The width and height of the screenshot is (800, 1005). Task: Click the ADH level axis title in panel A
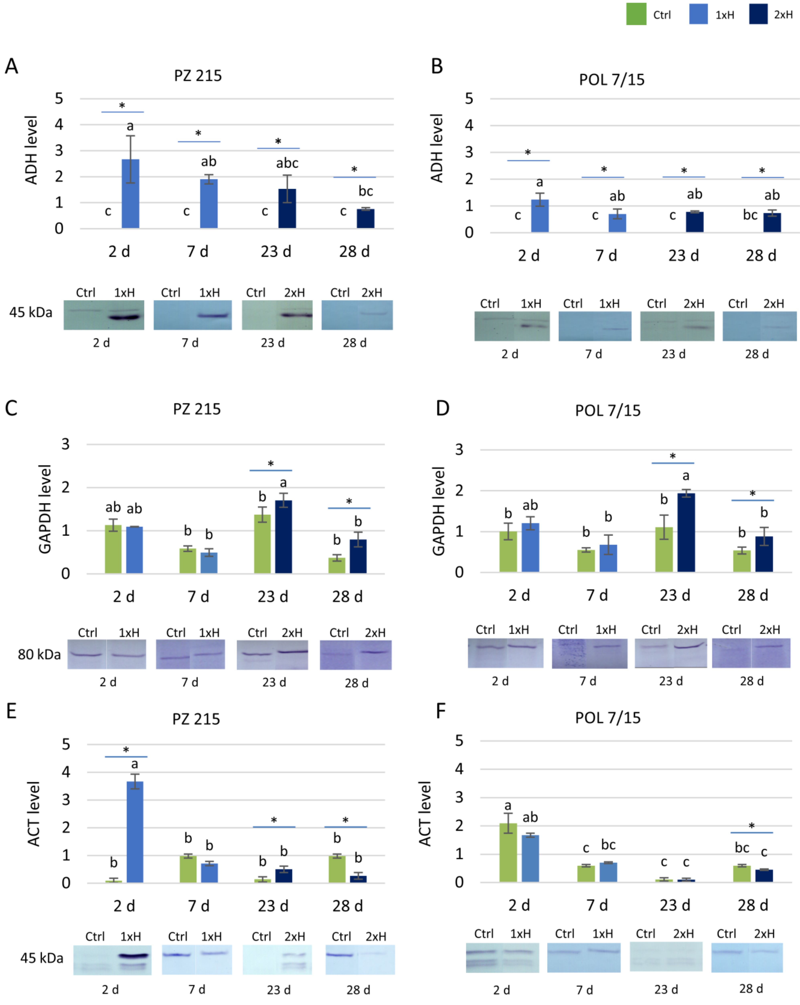pos(31,150)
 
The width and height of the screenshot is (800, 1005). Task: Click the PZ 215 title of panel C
pos(196,409)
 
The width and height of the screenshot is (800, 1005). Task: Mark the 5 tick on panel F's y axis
pos(459,740)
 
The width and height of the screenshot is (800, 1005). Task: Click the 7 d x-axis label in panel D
pos(597,595)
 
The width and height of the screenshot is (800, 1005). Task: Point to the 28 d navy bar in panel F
pos(764,875)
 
